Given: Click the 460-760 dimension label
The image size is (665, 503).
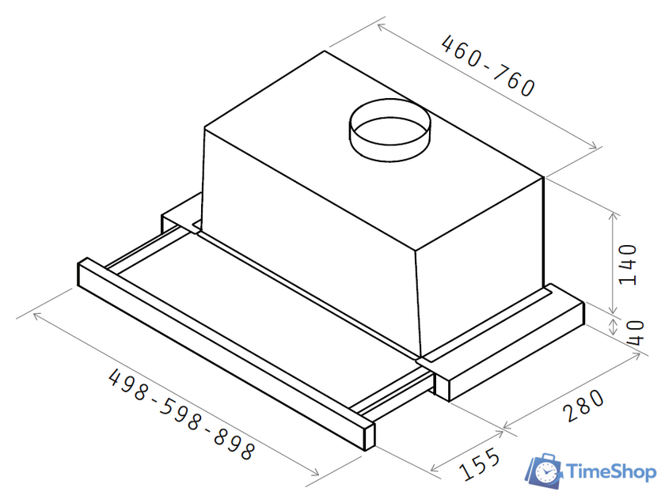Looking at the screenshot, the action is [488, 66].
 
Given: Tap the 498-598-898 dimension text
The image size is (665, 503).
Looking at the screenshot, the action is [181, 414].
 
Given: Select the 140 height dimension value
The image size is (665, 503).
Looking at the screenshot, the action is [628, 265].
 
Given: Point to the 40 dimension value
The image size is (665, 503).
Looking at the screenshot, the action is [635, 333].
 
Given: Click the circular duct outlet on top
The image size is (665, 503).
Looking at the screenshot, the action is [389, 130].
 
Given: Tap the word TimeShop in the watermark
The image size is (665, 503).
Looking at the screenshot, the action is [611, 471].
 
